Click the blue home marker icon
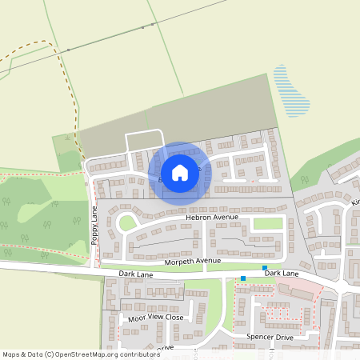click(x=180, y=172)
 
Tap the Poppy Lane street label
click(x=94, y=228)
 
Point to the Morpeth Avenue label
click(x=192, y=261)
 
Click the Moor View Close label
click(x=156, y=318)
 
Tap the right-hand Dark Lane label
click(x=282, y=274)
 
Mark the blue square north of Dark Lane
click(x=264, y=267)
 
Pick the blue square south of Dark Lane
click(x=243, y=279)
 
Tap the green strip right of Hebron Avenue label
click(x=268, y=223)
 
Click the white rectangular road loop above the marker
click(x=145, y=141)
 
